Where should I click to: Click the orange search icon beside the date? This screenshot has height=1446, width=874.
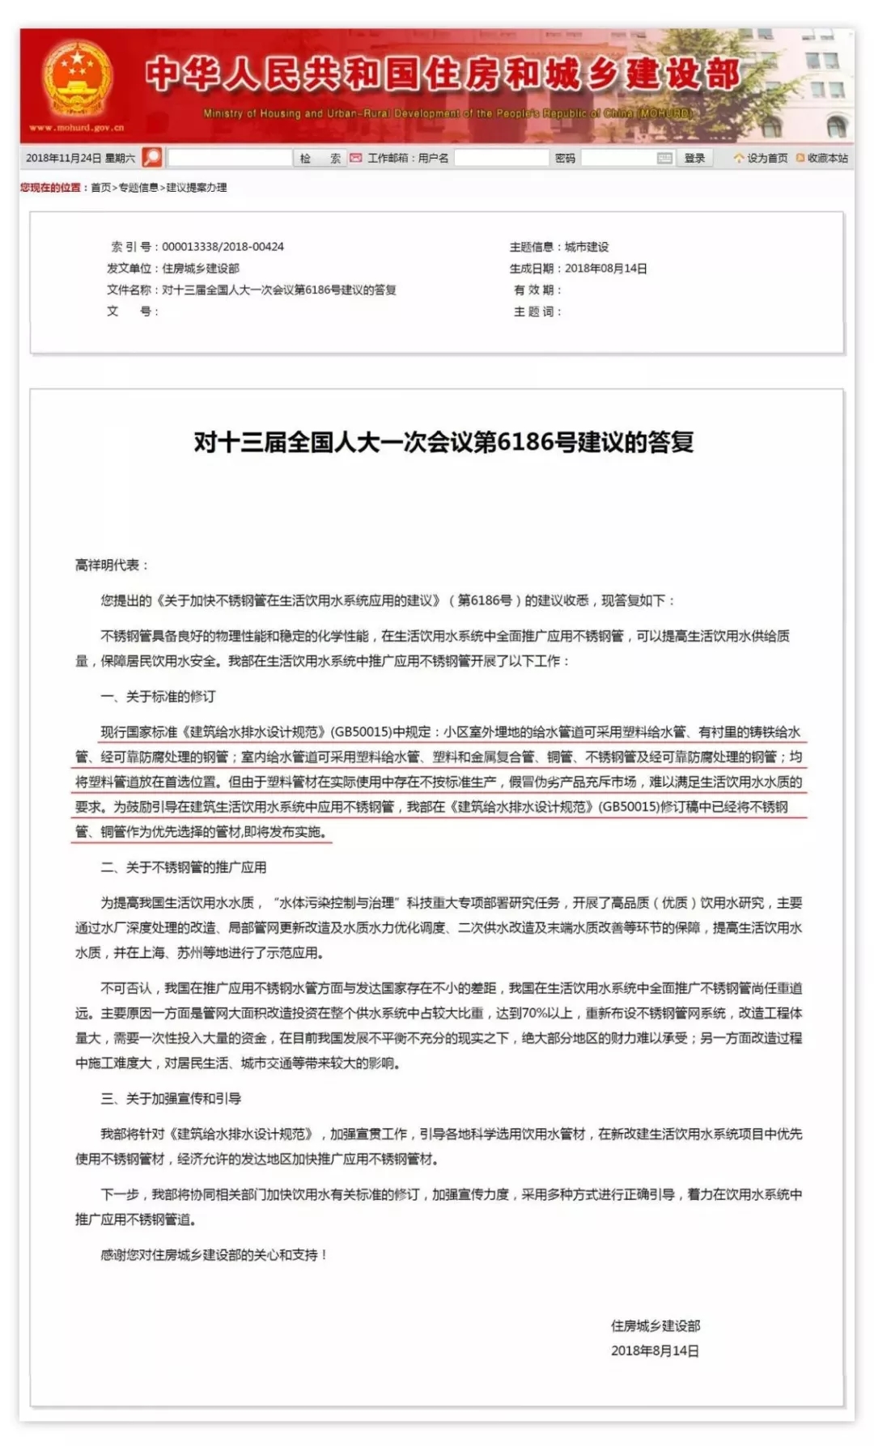(152, 157)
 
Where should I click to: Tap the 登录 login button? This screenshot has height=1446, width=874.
(694, 159)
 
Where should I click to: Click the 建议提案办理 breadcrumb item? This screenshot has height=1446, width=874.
(197, 188)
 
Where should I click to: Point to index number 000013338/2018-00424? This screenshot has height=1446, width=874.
(223, 247)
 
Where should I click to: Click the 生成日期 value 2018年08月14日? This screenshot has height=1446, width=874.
(605, 269)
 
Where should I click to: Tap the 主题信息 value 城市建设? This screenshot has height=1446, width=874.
(587, 247)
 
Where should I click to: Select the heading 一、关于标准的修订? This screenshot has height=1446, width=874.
(158, 697)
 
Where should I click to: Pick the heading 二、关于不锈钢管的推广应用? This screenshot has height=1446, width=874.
(183, 867)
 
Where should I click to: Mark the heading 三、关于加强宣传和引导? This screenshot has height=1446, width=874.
(171, 1098)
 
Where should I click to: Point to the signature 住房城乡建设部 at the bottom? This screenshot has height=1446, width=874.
(655, 1325)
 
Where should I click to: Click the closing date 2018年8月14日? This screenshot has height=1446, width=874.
(655, 1351)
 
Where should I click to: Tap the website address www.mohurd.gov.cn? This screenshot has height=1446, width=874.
(77, 128)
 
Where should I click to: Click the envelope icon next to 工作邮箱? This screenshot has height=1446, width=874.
(355, 159)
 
